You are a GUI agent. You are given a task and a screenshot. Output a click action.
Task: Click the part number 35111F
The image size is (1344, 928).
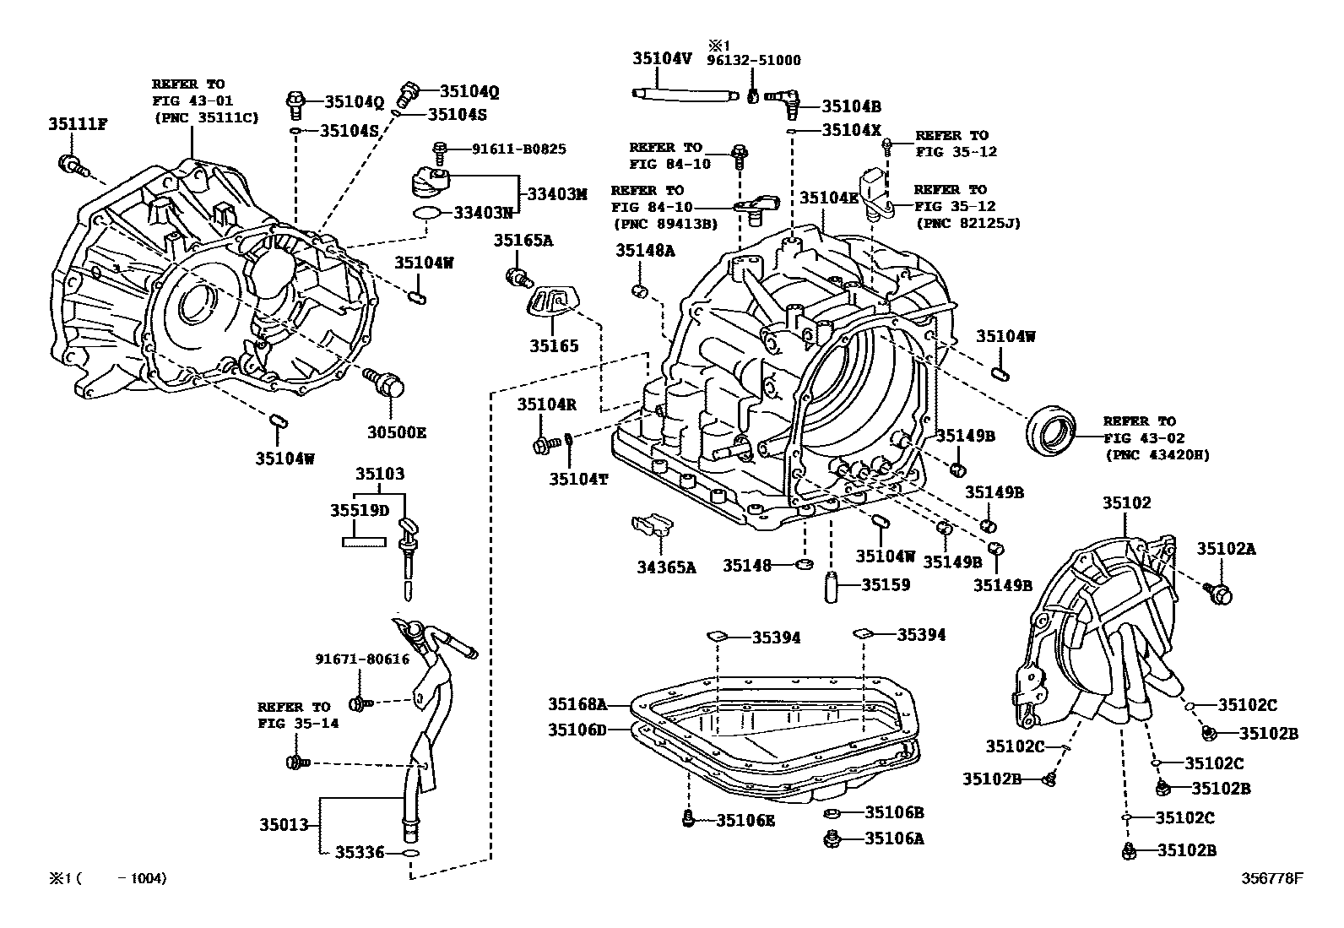click(77, 126)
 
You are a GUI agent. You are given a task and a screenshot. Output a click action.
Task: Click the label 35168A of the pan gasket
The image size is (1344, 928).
click(577, 703)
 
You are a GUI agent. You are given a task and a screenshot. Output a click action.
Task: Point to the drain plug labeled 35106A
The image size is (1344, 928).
click(831, 838)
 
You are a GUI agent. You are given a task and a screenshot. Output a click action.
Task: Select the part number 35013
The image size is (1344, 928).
click(285, 824)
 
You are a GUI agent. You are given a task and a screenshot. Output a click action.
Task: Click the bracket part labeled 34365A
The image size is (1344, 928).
click(653, 527)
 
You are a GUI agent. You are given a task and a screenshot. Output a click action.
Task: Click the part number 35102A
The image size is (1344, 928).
click(1226, 549)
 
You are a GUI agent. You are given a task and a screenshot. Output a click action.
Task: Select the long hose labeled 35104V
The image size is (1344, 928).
click(680, 95)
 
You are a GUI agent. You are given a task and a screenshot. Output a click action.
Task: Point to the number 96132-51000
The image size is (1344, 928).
click(754, 61)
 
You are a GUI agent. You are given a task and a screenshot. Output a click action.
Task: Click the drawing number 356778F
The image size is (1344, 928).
click(1271, 878)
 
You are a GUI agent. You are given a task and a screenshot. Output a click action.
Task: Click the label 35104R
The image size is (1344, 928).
click(546, 404)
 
